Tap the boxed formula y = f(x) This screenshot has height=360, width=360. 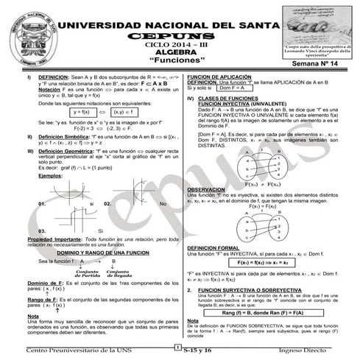[87, 112]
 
